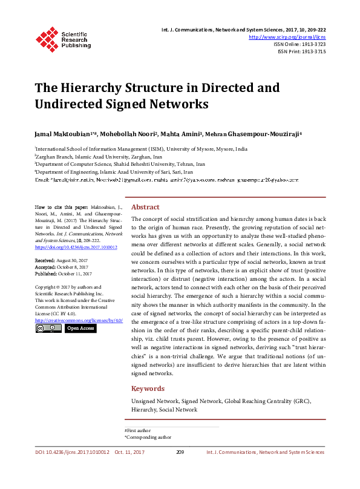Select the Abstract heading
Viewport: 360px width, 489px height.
click(x=145, y=206)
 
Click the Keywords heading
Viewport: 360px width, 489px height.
click(x=148, y=389)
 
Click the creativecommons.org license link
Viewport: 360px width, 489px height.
click(x=79, y=320)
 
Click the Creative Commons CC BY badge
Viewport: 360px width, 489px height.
click(x=48, y=328)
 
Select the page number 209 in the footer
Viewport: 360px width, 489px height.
click(x=180, y=452)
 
